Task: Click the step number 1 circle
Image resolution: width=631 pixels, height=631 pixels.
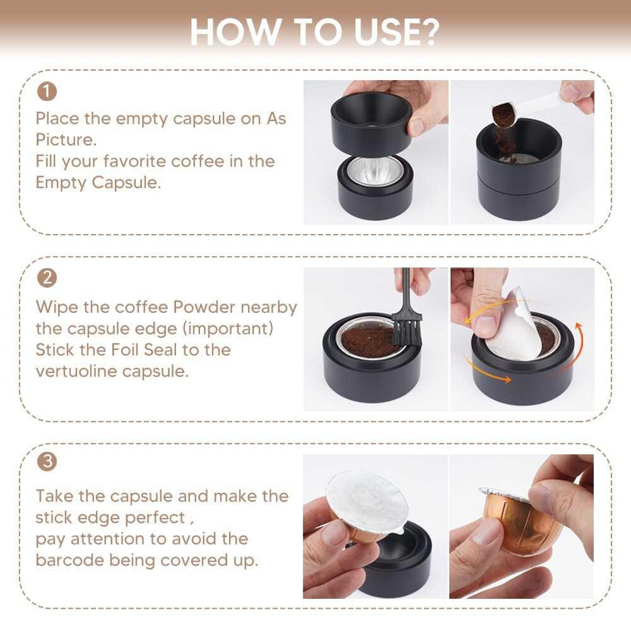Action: [x=47, y=91]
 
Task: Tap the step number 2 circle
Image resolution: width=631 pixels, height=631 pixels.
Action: [x=47, y=278]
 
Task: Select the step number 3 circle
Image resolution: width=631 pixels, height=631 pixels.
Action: [x=47, y=461]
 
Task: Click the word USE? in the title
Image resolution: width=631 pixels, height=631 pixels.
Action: [x=397, y=32]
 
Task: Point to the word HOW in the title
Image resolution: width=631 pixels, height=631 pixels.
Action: [x=235, y=32]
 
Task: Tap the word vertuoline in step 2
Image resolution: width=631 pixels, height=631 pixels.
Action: [x=76, y=371]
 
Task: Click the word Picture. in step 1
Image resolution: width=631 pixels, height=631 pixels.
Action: [x=66, y=139]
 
